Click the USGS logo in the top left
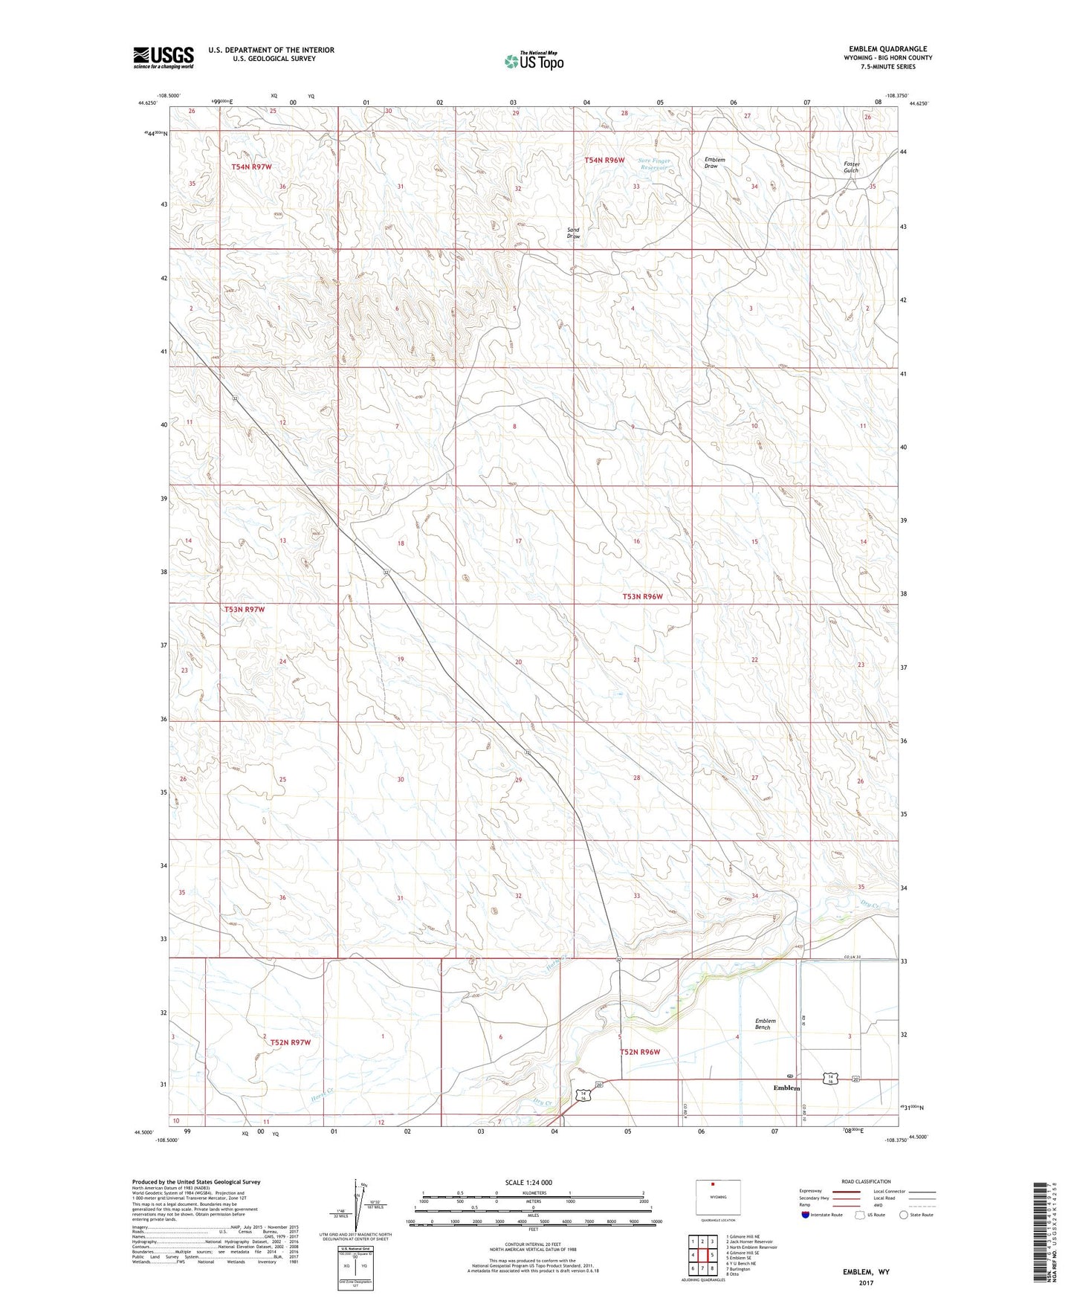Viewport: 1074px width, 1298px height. pos(164,57)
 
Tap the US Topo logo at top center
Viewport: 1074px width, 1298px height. pos(534,61)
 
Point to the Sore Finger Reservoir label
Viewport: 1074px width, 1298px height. pos(653,164)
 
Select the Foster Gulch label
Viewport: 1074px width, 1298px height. pos(851,167)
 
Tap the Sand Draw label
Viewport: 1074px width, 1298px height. pos(573,233)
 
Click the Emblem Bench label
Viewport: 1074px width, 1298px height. pos(765,1024)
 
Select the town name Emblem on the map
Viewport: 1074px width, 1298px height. pos(786,1088)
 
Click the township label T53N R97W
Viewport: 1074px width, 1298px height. pos(245,610)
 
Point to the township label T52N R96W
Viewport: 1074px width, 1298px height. pos(640,1052)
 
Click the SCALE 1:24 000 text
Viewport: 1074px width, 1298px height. pos(528,1182)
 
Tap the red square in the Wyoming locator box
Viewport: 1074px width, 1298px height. pos(712,1186)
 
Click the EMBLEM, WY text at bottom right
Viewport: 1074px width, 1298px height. pos(865,1272)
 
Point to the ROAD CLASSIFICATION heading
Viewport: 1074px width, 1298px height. pos(865,1181)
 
